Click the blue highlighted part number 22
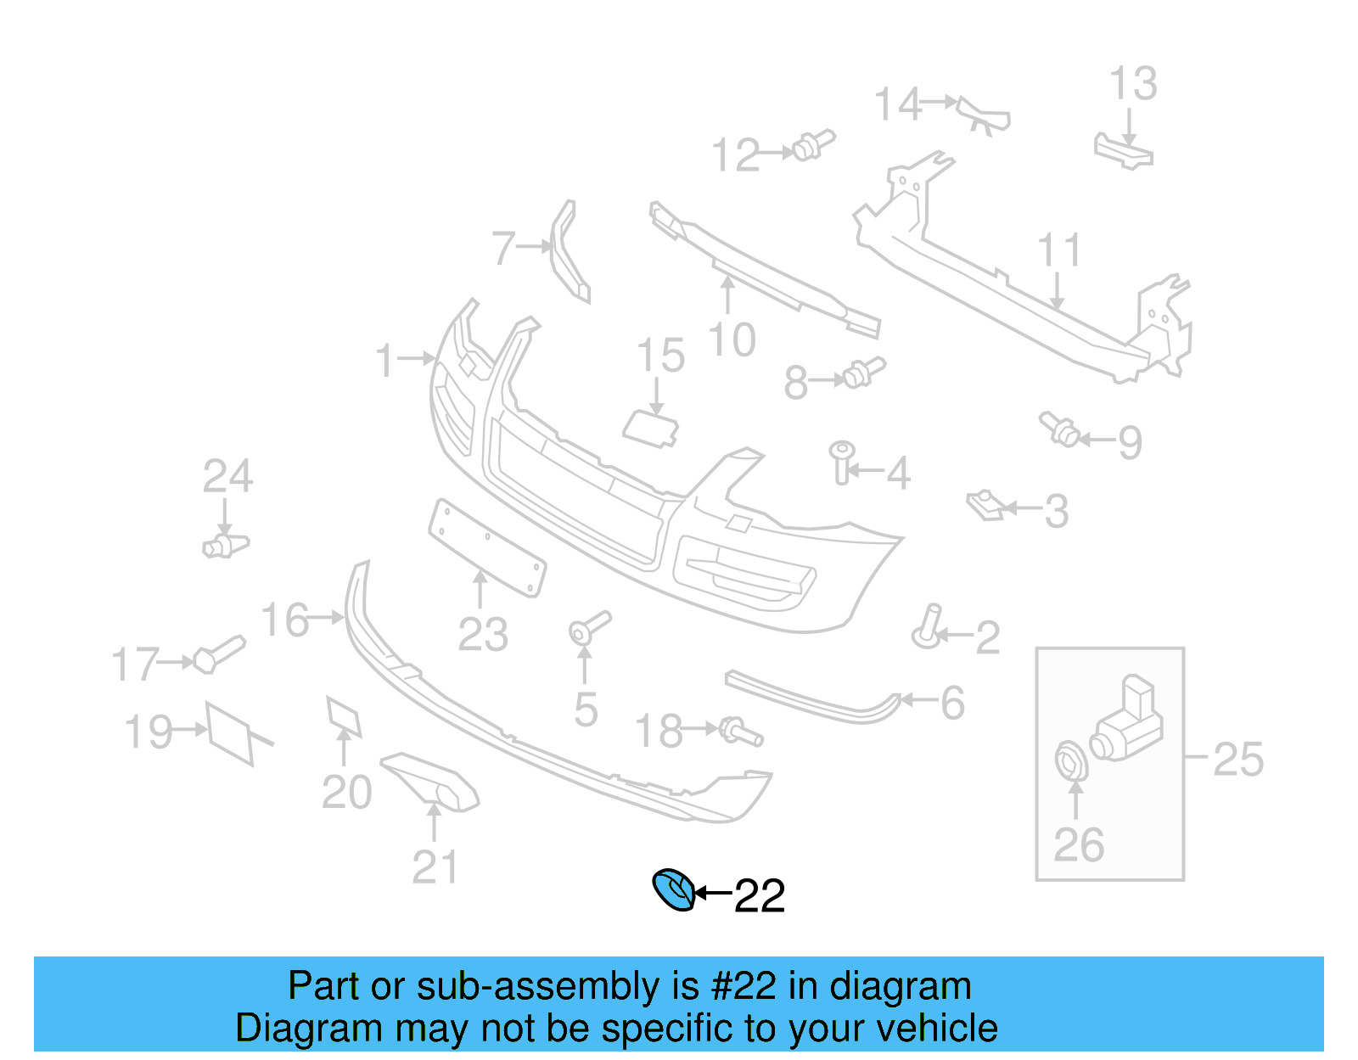click(x=674, y=889)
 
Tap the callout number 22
click(x=759, y=896)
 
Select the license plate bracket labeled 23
click(x=487, y=548)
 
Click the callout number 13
click(x=1133, y=84)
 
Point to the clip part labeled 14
click(x=984, y=114)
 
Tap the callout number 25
click(x=1237, y=759)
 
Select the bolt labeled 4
click(x=842, y=461)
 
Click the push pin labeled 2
click(x=929, y=626)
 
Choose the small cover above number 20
click(x=344, y=715)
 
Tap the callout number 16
click(x=285, y=620)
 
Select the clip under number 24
click(x=225, y=545)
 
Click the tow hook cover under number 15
click(x=652, y=426)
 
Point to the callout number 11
click(x=1059, y=250)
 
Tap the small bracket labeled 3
click(x=985, y=505)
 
